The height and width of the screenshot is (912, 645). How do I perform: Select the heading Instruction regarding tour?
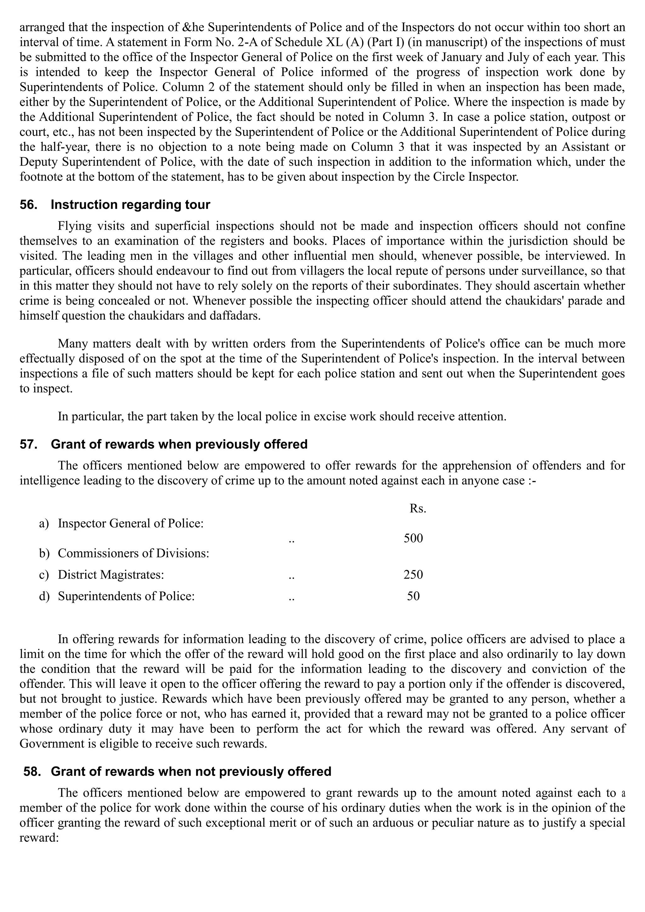point(130,205)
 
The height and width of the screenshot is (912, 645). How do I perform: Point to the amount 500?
point(413,538)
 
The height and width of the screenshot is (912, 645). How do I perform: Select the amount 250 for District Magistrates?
point(413,575)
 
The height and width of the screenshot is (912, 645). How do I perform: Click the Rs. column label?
point(417,509)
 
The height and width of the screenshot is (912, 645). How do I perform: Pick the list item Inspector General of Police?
point(130,523)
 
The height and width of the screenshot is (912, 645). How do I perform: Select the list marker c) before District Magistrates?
point(44,575)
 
